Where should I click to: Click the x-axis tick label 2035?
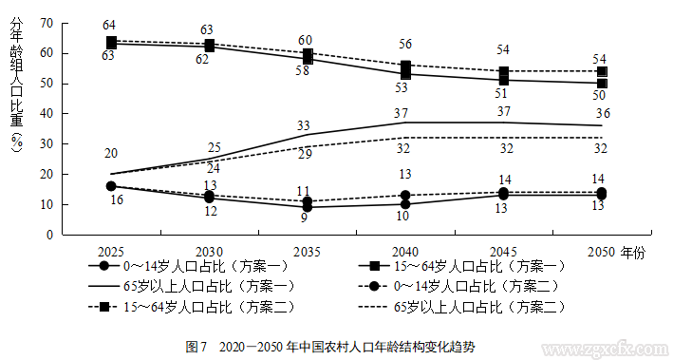tap(306, 250)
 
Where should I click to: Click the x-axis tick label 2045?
tap(503, 250)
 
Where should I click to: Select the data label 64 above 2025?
tap(111, 26)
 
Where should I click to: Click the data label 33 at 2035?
tap(304, 125)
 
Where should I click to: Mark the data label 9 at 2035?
tap(304, 218)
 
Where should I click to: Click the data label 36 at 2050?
tap(601, 114)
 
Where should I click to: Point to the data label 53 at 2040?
tap(402, 87)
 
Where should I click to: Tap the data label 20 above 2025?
tap(111, 154)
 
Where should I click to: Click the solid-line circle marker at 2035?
tap(306, 207)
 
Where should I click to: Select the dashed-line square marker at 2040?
tap(405, 66)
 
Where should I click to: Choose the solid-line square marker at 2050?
tap(602, 84)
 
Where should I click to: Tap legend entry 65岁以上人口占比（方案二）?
tap(479, 307)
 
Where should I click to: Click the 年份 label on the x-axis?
tap(632, 250)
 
